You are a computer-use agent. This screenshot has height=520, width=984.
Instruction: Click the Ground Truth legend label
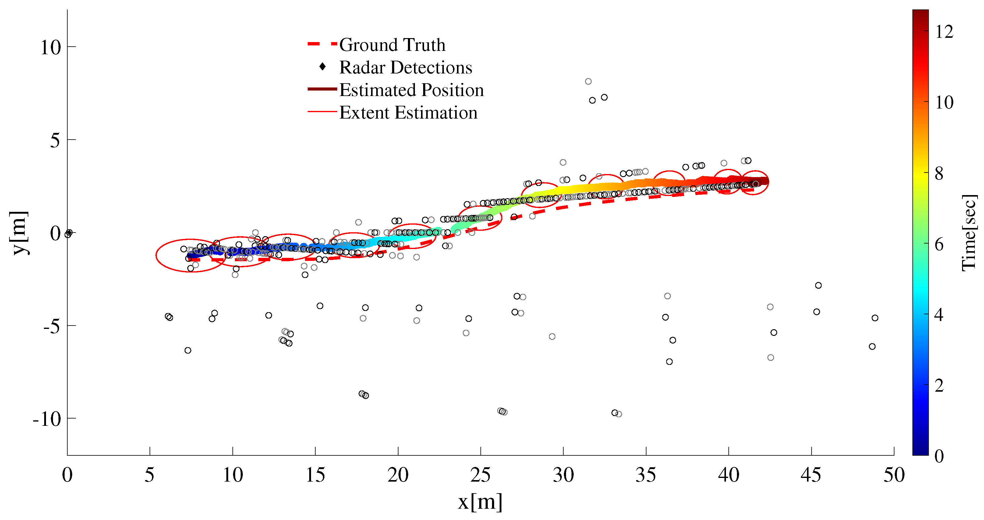pyautogui.click(x=392, y=45)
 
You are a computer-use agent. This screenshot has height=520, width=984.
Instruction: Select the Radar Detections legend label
pyautogui.click(x=406, y=68)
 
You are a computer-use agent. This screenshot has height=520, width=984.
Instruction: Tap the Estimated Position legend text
pyautogui.click(x=411, y=90)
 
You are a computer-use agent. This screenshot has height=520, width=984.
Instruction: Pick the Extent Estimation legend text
pyautogui.click(x=408, y=113)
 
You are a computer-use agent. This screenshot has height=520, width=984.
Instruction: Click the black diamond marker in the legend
pyautogui.click(x=322, y=67)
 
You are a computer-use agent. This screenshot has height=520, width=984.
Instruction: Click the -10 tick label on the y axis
pyautogui.click(x=47, y=419)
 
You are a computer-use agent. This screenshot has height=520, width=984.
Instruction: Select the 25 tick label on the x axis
pyautogui.click(x=480, y=475)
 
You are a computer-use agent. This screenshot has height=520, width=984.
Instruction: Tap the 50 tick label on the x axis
pyautogui.click(x=894, y=475)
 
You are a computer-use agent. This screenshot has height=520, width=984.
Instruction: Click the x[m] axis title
pyautogui.click(x=480, y=502)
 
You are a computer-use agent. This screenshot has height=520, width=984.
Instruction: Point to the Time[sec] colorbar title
pyautogui.click(x=969, y=233)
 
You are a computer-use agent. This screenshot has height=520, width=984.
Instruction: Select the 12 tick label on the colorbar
pyautogui.click(x=944, y=32)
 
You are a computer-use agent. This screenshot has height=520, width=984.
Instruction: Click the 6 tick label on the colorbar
pyautogui.click(x=939, y=244)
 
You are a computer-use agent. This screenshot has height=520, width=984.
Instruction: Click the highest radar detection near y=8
pyautogui.click(x=588, y=81)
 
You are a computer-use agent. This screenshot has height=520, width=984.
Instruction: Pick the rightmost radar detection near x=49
pyautogui.click(x=875, y=318)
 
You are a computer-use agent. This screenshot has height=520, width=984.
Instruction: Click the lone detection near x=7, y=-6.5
pyautogui.click(x=188, y=350)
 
